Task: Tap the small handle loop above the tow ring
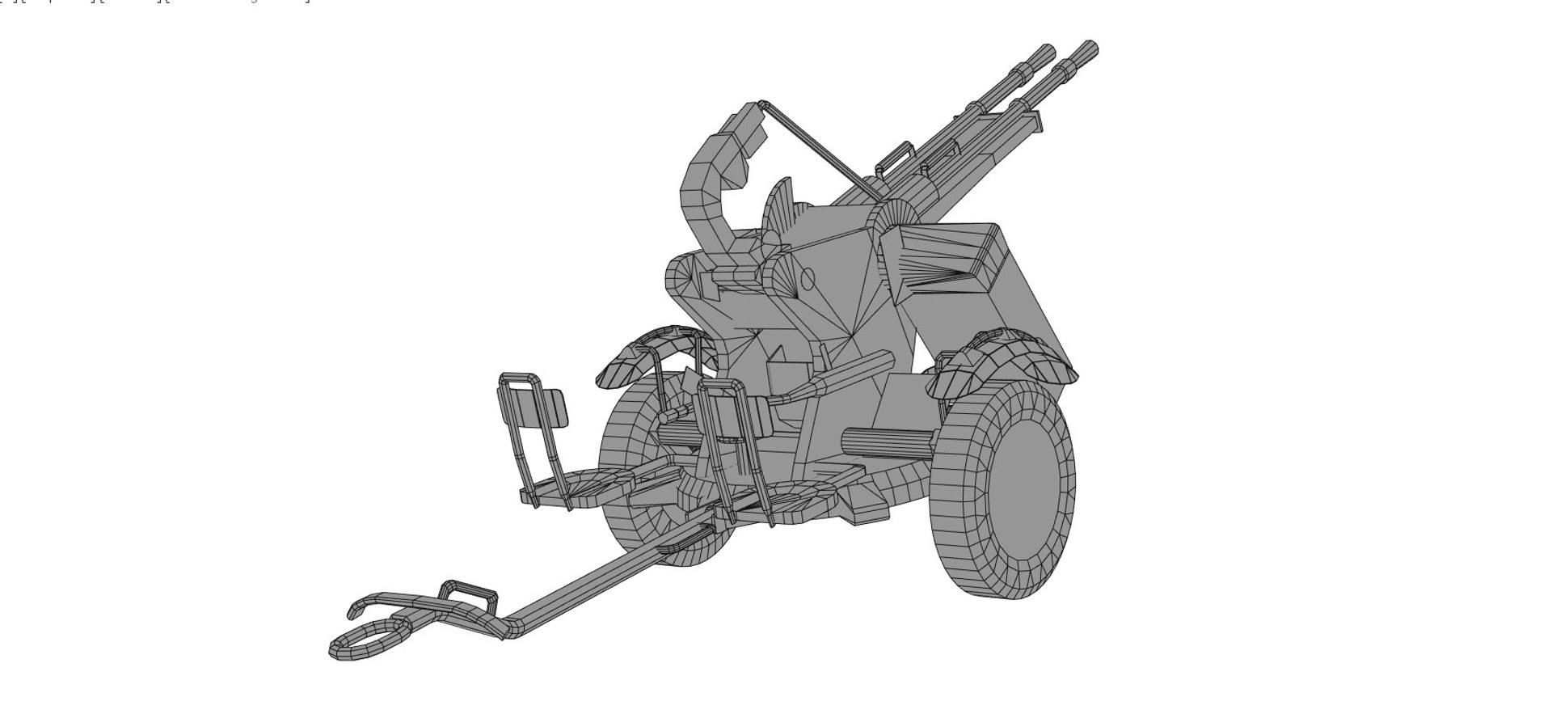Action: point(467,594)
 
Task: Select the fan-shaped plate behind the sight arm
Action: point(780,206)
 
